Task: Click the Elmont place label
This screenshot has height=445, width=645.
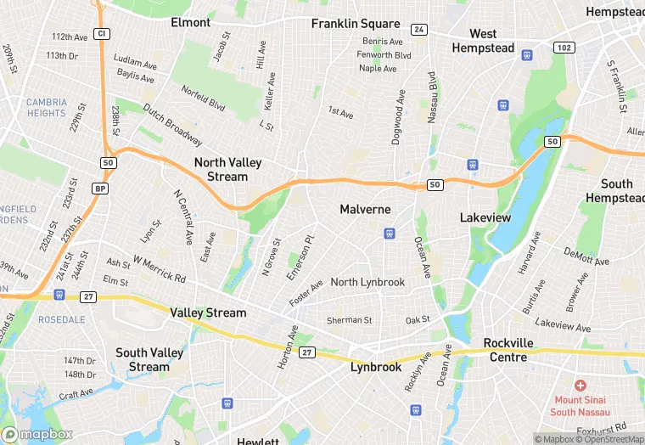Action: (x=190, y=22)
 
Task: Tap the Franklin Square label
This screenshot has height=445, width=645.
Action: (x=355, y=24)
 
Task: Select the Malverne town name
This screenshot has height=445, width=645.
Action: (x=365, y=209)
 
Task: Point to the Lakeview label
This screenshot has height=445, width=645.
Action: (x=485, y=217)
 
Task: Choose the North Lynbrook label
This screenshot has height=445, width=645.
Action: (x=367, y=282)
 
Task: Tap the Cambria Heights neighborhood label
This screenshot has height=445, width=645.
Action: (x=46, y=108)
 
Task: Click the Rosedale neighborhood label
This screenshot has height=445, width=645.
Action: (x=62, y=319)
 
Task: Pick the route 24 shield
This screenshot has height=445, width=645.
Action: (x=418, y=30)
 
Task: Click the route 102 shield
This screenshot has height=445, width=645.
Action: (x=564, y=48)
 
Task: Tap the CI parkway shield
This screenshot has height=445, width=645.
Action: (x=102, y=33)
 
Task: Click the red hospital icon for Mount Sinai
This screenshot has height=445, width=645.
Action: (x=580, y=386)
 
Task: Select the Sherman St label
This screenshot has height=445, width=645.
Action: (x=350, y=320)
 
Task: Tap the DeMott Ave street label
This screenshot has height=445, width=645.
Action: (x=587, y=258)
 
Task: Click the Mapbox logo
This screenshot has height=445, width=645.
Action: (x=36, y=434)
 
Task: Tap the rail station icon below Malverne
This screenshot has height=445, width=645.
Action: (x=390, y=233)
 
